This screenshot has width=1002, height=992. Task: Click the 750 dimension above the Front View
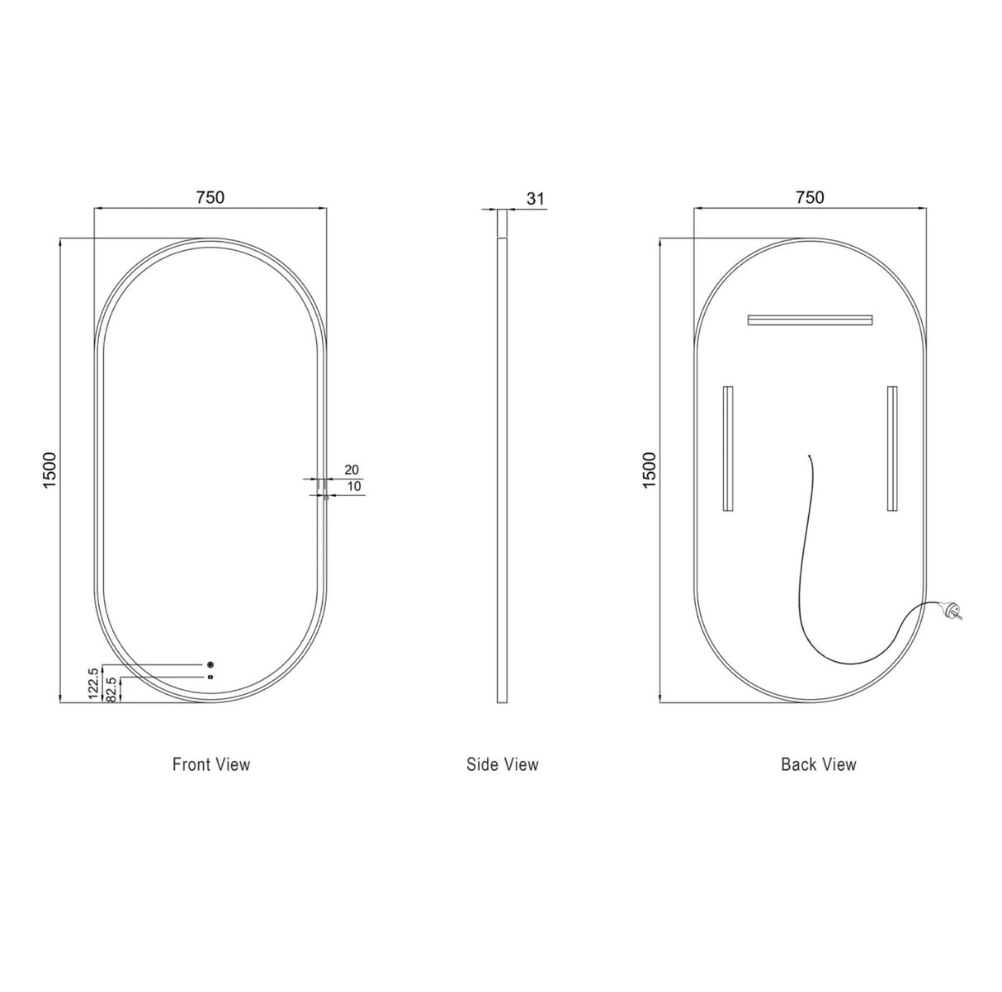(210, 197)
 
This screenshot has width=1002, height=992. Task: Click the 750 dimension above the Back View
(810, 197)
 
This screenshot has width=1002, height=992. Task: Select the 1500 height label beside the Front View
(49, 470)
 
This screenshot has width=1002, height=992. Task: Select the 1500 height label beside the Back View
(649, 470)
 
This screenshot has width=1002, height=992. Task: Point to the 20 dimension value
(351, 470)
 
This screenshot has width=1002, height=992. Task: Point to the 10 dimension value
(353, 487)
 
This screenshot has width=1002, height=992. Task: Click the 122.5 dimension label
(93, 684)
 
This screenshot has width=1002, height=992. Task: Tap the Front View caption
(211, 764)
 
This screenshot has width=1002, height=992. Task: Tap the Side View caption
(502, 764)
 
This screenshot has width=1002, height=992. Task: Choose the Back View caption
(819, 764)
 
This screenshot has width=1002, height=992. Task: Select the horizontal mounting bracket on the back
(810, 319)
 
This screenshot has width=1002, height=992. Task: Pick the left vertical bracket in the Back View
(727, 450)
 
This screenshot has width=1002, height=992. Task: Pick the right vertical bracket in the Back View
(892, 450)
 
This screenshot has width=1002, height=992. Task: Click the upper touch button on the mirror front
(211, 664)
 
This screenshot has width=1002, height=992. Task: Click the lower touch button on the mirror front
(211, 677)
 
